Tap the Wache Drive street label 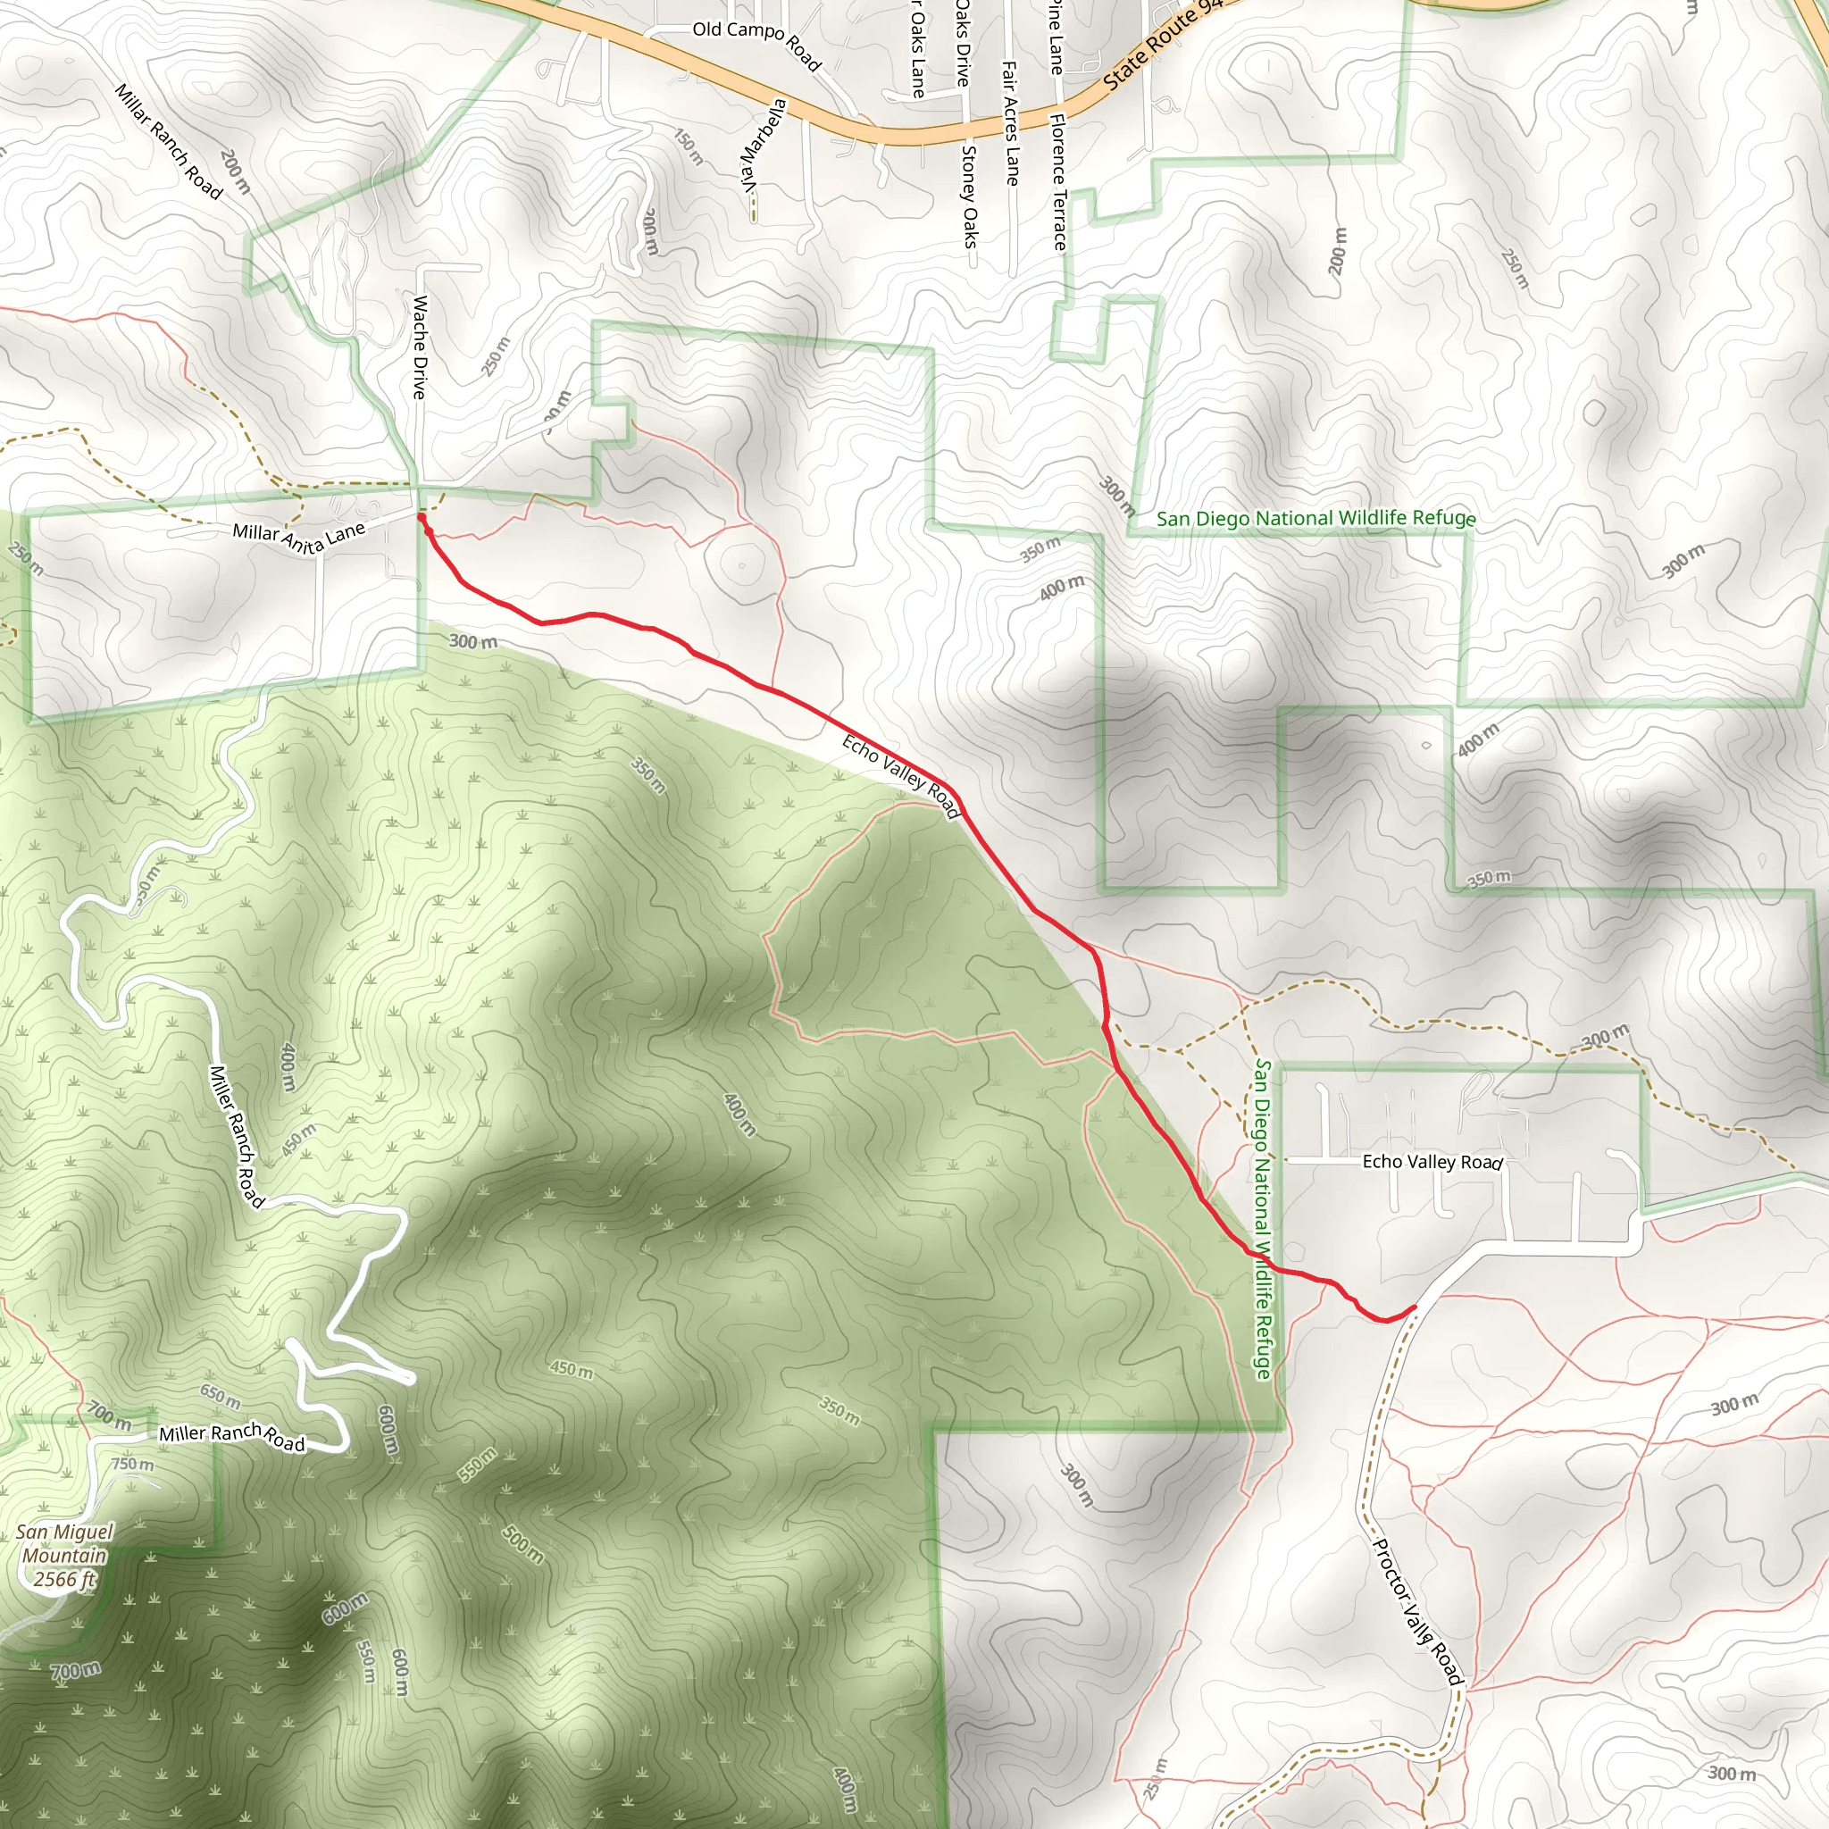421,347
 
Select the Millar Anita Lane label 298,537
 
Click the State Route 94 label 1162,46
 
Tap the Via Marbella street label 763,145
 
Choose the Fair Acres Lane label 1010,122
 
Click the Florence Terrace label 1058,182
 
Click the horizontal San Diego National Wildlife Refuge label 1315,518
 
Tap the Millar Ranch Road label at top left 168,142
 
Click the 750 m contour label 132,1464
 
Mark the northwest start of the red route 421,517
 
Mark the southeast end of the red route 1415,1307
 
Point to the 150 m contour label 689,146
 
